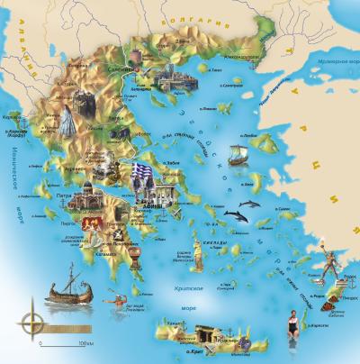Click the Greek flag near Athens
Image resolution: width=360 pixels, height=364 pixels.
coord(140,171)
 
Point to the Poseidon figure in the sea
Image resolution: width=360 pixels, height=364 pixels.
coord(112,304)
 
